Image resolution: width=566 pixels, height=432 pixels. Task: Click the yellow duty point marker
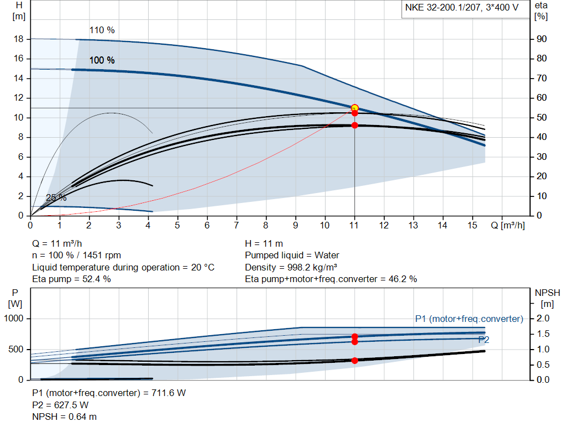tap(354, 108)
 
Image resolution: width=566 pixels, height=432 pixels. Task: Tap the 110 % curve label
tap(102, 30)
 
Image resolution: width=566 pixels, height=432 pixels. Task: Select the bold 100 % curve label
tap(102, 60)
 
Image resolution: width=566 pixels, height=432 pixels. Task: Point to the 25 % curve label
tap(56, 197)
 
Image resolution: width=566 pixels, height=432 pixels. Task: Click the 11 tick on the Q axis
tap(354, 225)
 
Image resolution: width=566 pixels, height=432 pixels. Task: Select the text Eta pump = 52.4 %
tap(71, 279)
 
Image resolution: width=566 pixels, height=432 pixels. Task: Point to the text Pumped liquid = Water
tap(292, 256)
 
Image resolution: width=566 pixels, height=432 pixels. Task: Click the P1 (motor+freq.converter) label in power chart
tap(469, 319)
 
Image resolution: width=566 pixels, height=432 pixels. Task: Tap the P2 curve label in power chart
tap(484, 340)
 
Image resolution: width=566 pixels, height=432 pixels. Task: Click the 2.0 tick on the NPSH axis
tap(543, 319)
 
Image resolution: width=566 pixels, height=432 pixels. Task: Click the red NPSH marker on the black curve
tap(354, 361)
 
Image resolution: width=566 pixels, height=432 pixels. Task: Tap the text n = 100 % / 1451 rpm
tap(76, 256)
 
